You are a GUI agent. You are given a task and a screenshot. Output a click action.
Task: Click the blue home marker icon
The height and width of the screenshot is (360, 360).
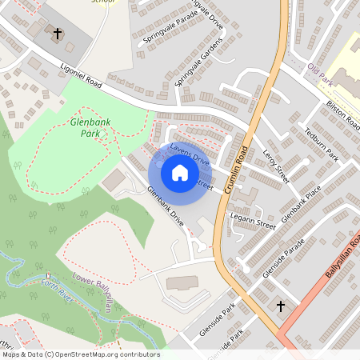180,173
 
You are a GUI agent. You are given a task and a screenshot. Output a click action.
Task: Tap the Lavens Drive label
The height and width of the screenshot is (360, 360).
190,155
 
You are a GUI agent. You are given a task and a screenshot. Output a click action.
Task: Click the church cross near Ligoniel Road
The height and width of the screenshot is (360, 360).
57,34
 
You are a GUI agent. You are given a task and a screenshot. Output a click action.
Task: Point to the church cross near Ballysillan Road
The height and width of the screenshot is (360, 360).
281,306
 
